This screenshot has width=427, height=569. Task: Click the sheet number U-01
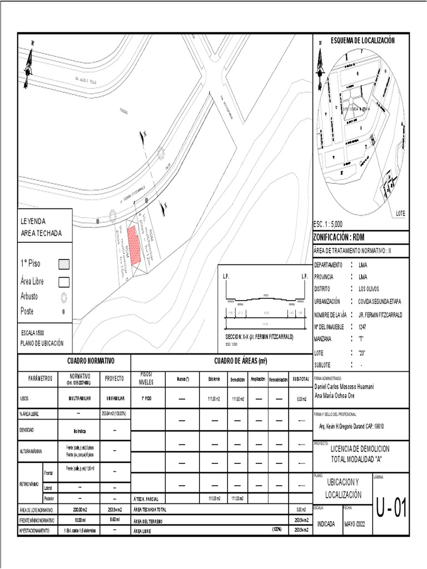point(392,508)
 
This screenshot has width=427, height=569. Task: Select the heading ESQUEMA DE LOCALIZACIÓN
point(362,41)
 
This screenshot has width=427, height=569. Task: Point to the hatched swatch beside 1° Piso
point(64,264)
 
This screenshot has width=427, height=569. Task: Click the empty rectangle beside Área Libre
point(64,281)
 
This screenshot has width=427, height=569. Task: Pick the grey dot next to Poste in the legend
point(64,311)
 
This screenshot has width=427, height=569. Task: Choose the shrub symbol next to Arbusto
point(64,296)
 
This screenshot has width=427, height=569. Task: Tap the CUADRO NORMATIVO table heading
point(90,361)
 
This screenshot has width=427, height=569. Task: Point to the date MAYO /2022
point(356,524)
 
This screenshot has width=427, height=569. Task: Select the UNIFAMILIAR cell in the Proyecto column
point(115,398)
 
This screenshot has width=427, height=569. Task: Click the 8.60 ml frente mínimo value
point(115,520)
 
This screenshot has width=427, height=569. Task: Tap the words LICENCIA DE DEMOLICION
point(360,448)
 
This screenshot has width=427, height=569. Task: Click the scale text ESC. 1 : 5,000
point(328,224)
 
